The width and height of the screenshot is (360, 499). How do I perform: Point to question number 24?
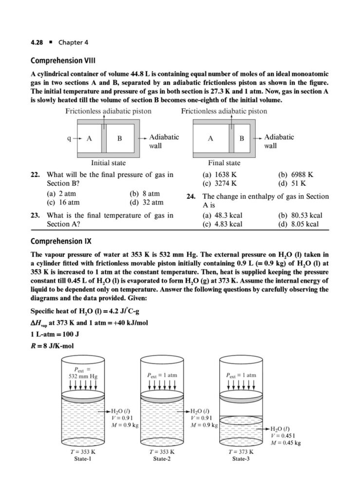191,197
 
